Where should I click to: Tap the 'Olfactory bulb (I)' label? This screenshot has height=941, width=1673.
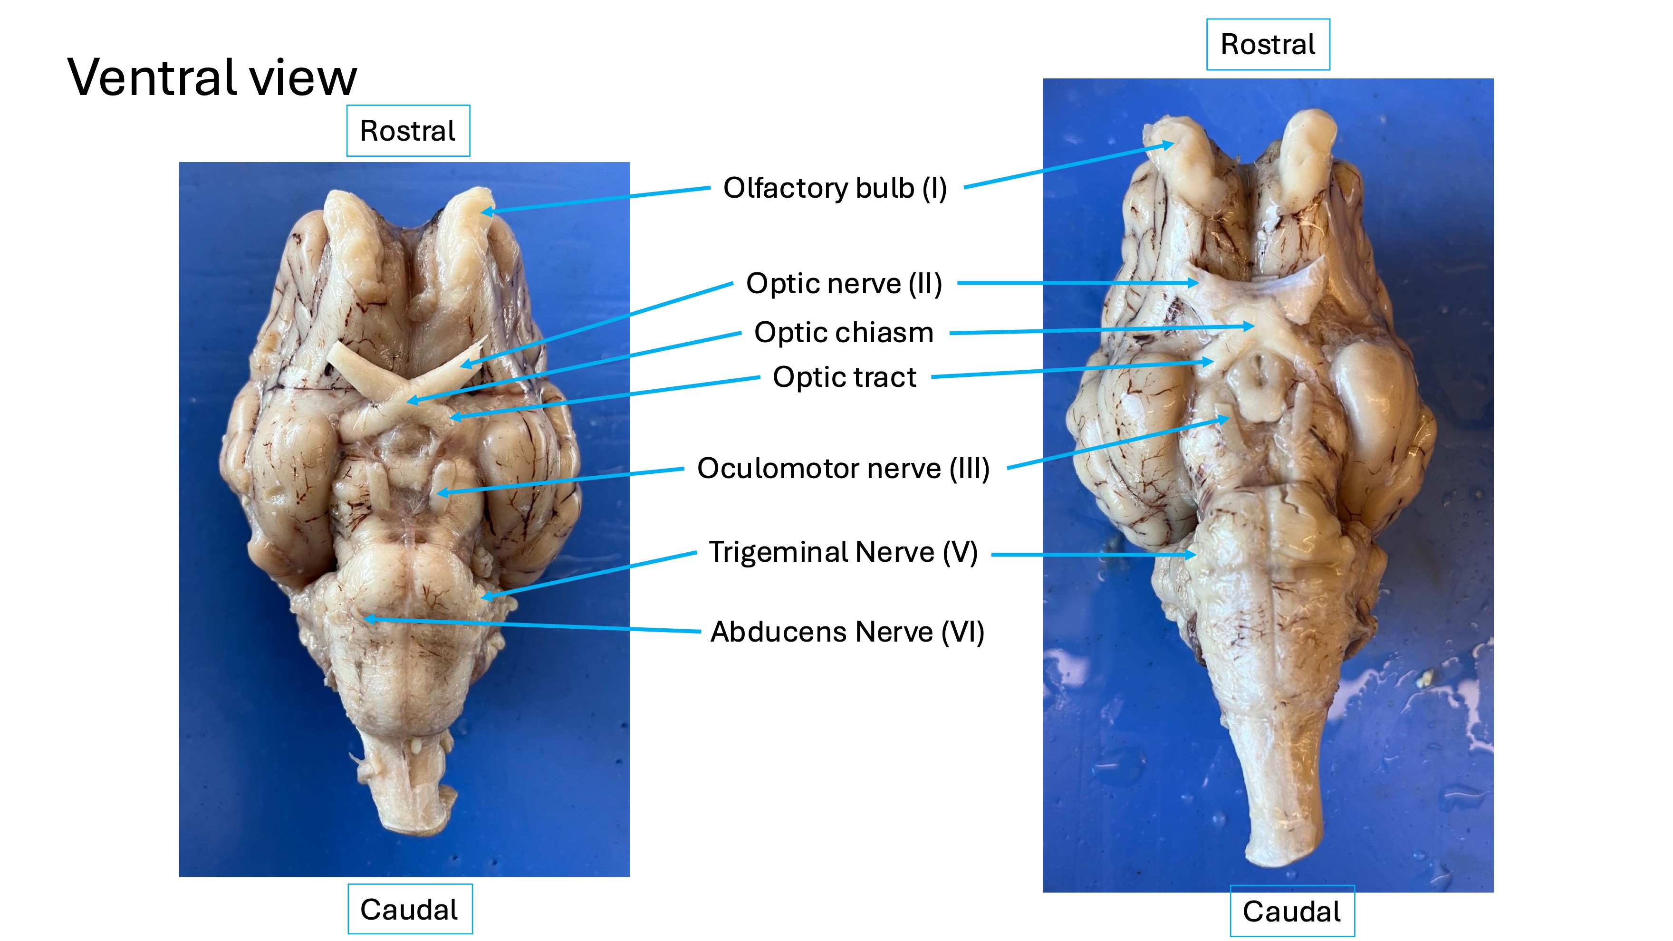click(835, 188)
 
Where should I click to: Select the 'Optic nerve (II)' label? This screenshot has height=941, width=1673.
click(844, 284)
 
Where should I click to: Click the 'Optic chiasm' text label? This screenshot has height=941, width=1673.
click(844, 333)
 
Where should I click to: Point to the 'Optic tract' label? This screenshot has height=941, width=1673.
click(844, 377)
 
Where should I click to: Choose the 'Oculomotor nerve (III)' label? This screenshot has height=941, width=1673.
click(843, 468)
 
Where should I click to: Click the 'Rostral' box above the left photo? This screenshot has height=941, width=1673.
click(408, 131)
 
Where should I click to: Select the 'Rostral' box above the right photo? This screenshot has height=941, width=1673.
click(1268, 45)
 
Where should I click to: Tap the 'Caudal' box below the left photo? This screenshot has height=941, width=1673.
click(409, 909)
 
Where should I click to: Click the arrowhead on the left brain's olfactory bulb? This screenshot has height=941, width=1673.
click(486, 211)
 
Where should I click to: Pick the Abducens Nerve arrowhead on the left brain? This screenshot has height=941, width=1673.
click(369, 619)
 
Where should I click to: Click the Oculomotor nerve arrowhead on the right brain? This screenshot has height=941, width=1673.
click(1226, 420)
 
